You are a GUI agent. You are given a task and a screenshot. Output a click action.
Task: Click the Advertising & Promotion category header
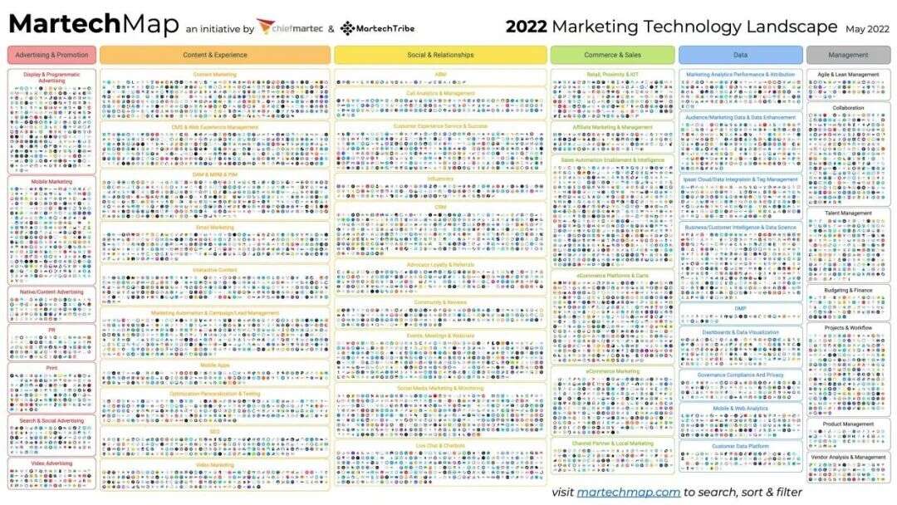(x=51, y=55)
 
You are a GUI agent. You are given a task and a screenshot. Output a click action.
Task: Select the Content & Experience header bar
(x=215, y=55)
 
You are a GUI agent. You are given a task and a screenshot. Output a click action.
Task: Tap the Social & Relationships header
(x=440, y=55)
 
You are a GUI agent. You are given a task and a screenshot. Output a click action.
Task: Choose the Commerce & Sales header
(x=612, y=55)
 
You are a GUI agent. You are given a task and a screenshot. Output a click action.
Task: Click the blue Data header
(x=740, y=55)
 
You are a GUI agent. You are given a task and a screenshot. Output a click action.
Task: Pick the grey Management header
(x=848, y=55)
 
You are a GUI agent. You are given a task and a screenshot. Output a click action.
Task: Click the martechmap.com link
(x=629, y=492)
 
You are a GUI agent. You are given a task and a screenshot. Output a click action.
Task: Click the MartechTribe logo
(x=371, y=28)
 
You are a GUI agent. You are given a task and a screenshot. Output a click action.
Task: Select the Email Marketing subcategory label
(x=214, y=227)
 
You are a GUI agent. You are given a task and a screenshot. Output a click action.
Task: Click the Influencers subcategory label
(x=440, y=178)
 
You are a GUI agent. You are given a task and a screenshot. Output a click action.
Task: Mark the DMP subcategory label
(x=740, y=308)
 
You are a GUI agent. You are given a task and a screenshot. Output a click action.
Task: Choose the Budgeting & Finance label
(x=848, y=290)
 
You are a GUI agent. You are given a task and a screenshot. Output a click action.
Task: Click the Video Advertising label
(x=51, y=463)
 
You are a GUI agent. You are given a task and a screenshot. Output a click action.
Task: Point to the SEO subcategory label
(x=214, y=431)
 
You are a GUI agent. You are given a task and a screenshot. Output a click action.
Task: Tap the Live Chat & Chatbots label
(x=440, y=444)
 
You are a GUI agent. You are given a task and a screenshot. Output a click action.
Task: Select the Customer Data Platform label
(x=740, y=446)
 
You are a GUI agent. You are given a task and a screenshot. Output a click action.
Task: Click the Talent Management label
(x=848, y=213)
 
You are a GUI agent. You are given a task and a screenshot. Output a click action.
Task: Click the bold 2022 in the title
(x=526, y=27)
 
